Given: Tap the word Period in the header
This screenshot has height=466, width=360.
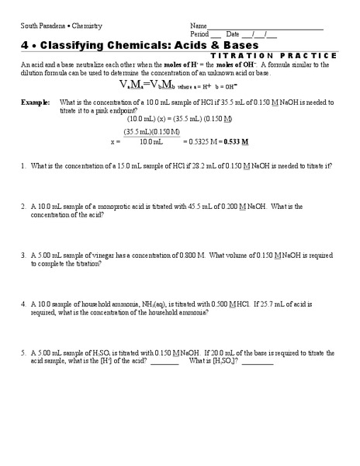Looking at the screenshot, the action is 200,35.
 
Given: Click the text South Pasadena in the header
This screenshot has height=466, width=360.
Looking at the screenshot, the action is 44,26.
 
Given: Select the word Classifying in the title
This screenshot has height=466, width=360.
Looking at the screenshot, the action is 76,46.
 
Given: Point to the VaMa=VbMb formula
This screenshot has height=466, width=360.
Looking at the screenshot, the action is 147,83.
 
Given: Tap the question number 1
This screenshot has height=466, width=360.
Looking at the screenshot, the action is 24,165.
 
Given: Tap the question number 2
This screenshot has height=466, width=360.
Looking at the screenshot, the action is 24,206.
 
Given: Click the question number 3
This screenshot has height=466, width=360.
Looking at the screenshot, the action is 24,254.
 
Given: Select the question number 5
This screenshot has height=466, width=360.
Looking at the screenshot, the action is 24,353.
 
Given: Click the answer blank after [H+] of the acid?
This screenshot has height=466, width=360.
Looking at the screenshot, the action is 164,362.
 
